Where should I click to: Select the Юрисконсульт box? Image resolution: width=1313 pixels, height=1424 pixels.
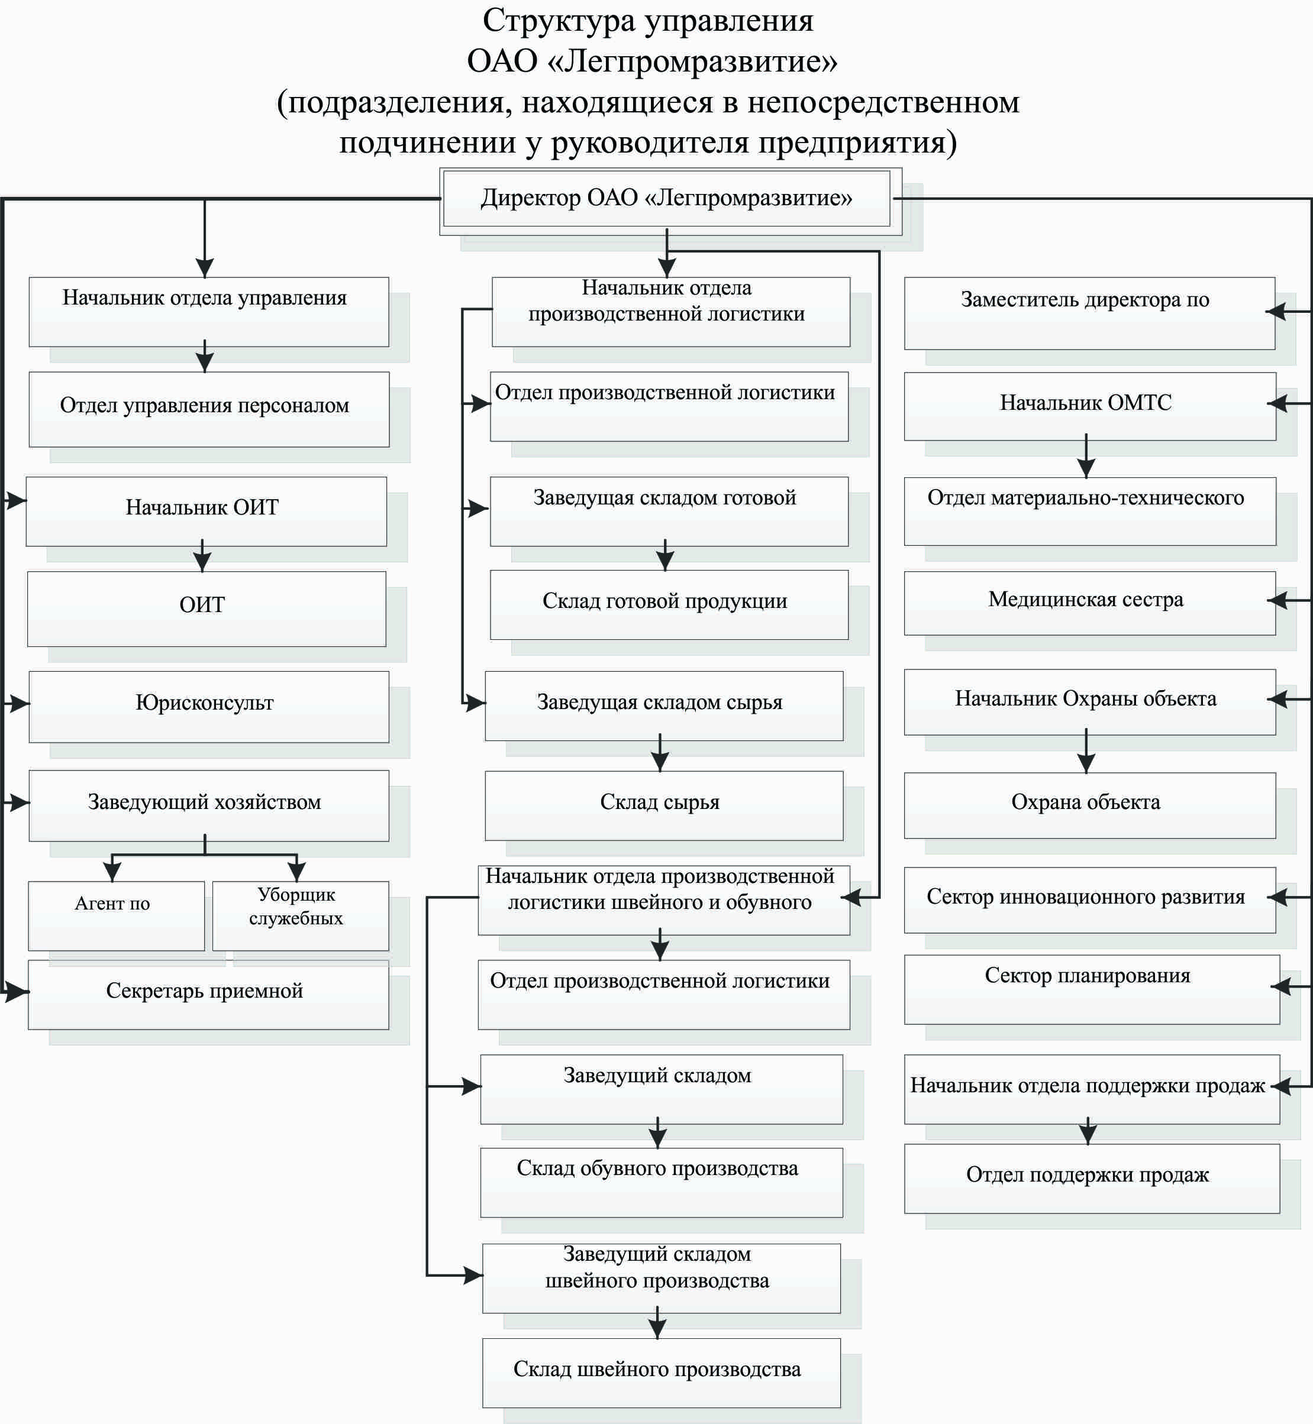pyautogui.click(x=209, y=707)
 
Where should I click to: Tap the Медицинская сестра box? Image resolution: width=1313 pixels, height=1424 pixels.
pyautogui.click(x=1090, y=603)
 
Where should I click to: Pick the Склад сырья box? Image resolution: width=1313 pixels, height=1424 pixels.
pyautogui.click(x=664, y=805)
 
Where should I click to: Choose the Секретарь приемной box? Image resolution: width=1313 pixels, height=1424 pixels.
pyautogui.click(x=208, y=994)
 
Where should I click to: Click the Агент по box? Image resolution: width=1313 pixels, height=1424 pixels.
pyautogui.click(x=117, y=915)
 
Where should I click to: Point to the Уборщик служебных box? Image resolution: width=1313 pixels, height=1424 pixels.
pyautogui.click(x=301, y=915)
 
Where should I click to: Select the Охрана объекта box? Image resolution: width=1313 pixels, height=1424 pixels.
pyautogui.click(x=1090, y=805)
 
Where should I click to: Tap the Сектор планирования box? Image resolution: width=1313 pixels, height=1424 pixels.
pyautogui.click(x=1092, y=989)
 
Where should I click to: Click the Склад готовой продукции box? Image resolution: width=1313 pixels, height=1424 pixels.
pyautogui.click(x=669, y=604)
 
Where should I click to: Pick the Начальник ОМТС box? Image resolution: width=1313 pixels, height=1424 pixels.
pyautogui.click(x=1090, y=406)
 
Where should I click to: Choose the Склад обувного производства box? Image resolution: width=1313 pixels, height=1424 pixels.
pyautogui.click(x=662, y=1183)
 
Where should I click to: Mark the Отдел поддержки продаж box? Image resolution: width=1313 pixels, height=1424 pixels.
pyautogui.click(x=1092, y=1178)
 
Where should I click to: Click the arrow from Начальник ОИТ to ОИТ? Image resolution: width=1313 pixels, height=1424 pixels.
pyautogui.click(x=202, y=555)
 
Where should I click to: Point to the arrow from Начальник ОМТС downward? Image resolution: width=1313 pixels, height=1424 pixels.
pyautogui.click(x=1086, y=456)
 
